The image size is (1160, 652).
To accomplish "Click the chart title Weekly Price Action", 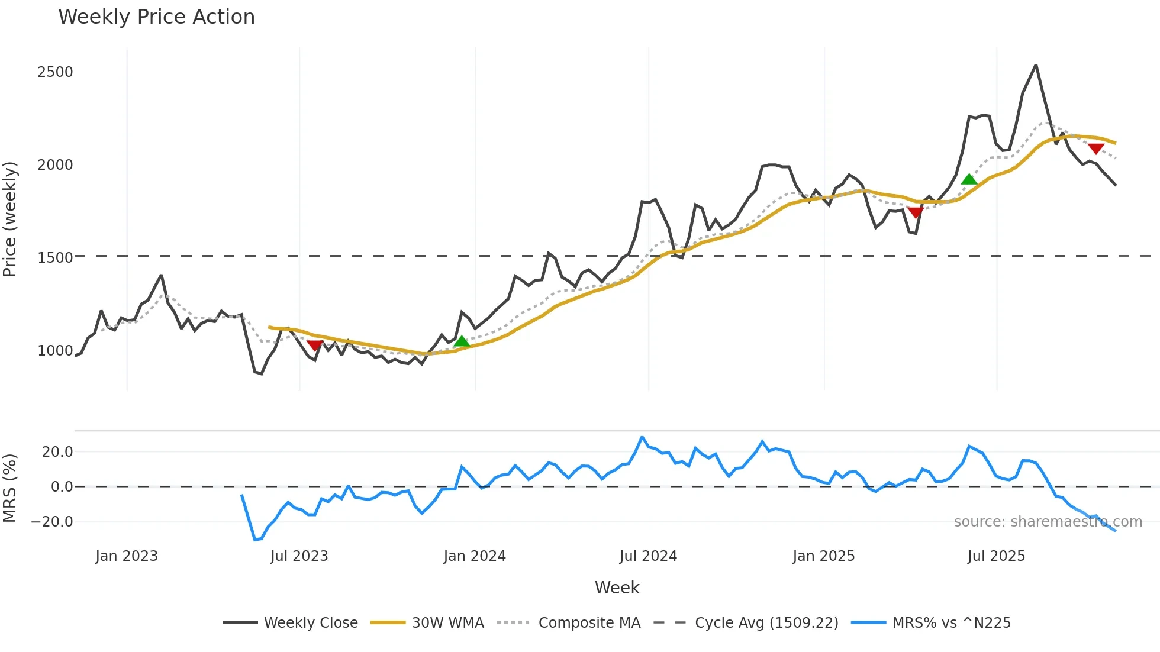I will pyautogui.click(x=156, y=17).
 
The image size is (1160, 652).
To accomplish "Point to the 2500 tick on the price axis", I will pyautogui.click(x=55, y=72).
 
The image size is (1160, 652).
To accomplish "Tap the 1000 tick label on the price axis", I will pyautogui.click(x=55, y=351).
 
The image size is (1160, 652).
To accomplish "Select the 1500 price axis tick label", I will pyautogui.click(x=55, y=258).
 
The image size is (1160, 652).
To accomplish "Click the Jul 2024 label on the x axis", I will pyautogui.click(x=648, y=556).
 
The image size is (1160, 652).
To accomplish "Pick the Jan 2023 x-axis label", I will pyautogui.click(x=127, y=556).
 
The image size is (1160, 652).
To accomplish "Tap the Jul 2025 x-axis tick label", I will pyautogui.click(x=996, y=556).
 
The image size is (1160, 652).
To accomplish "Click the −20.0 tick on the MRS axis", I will pyautogui.click(x=52, y=522).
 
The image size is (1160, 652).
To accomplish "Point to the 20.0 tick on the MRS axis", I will pyautogui.click(x=57, y=452).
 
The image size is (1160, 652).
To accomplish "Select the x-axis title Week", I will pyautogui.click(x=617, y=588).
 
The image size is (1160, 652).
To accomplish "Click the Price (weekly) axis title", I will pyautogui.click(x=10, y=219).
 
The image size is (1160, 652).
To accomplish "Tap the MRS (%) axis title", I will pyautogui.click(x=10, y=488).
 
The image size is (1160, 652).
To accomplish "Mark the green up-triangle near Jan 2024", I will pyautogui.click(x=462, y=341).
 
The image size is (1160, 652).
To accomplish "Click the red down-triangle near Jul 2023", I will pyautogui.click(x=315, y=345).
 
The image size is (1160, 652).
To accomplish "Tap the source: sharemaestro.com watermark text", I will pyautogui.click(x=1048, y=522).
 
